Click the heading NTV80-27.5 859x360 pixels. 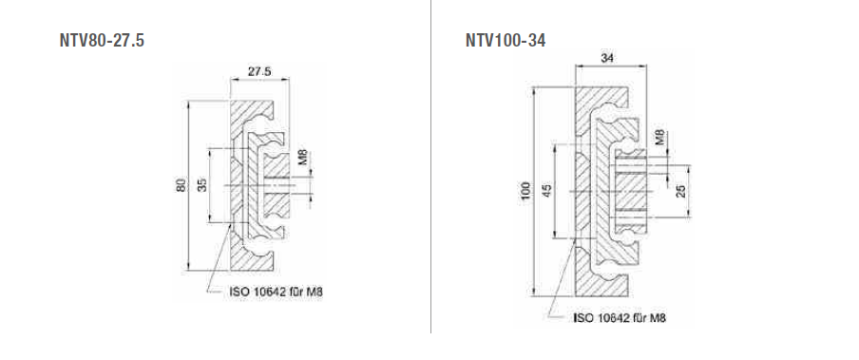(102, 41)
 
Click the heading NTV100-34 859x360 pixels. (506, 41)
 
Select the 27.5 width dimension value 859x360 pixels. (259, 71)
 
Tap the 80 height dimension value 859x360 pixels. (181, 185)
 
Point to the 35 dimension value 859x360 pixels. (202, 185)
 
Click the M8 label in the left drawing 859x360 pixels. (302, 158)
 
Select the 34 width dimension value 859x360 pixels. (607, 58)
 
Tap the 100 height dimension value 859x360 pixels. (526, 190)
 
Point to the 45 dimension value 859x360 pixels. (546, 190)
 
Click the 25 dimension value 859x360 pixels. (681, 190)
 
